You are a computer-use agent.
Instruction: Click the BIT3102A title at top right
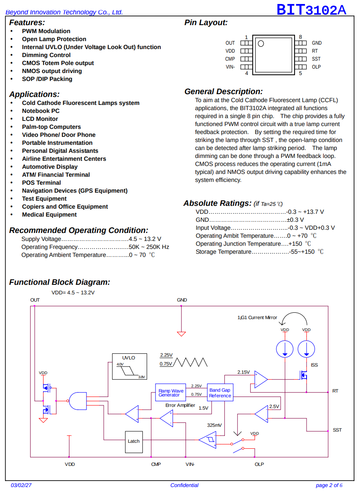pos(311,10)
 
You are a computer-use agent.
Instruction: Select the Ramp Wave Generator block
pos(171,392)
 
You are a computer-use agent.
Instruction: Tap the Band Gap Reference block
pos(220,392)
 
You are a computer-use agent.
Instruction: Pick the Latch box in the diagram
pos(134,442)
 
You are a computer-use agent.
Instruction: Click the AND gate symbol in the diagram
pos(78,401)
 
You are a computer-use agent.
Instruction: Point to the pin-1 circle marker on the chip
pos(261,43)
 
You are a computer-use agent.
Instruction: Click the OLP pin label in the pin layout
pos(316,67)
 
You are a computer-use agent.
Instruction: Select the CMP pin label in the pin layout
pos(230,59)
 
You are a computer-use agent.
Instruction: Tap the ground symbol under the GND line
pos(181,334)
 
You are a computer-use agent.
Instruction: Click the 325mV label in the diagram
pos(214,425)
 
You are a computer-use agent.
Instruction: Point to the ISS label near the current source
pos(314,365)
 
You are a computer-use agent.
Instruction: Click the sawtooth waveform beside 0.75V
pos(190,362)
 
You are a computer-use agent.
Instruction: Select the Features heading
pos(27,23)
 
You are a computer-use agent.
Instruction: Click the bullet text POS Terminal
pos(41,183)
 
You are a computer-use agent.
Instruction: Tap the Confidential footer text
pos(184,485)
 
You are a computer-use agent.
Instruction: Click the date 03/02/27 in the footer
pos(21,485)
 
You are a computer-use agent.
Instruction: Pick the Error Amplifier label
pos(180,405)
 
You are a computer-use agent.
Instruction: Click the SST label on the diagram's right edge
pos(337,430)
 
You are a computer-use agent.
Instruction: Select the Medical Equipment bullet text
pos(49,215)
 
